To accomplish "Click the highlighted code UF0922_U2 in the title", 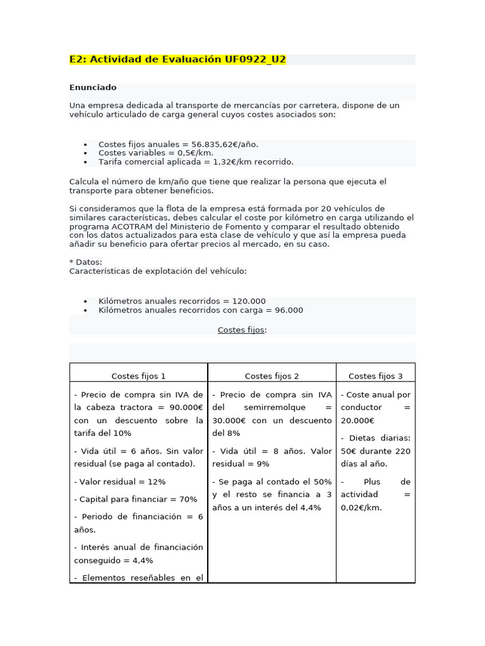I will pyautogui.click(x=255, y=60).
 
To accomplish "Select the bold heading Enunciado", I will pyautogui.click(x=93, y=88).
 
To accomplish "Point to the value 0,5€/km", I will pyautogui.click(x=197, y=153).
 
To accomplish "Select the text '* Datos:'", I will pyautogui.click(x=85, y=262).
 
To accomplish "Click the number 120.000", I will pyautogui.click(x=249, y=302).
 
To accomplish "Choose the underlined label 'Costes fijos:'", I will pyautogui.click(x=242, y=330).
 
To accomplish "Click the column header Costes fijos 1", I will pyautogui.click(x=138, y=376).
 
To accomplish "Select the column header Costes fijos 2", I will pyautogui.click(x=272, y=376).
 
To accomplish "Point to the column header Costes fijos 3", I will pyautogui.click(x=375, y=376).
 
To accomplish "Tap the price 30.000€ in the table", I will pyautogui.click(x=231, y=421).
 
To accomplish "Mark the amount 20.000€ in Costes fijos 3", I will pyautogui.click(x=357, y=421).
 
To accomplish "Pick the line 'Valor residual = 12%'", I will pyautogui.click(x=120, y=482).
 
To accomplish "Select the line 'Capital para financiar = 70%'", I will pyautogui.click(x=136, y=500).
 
